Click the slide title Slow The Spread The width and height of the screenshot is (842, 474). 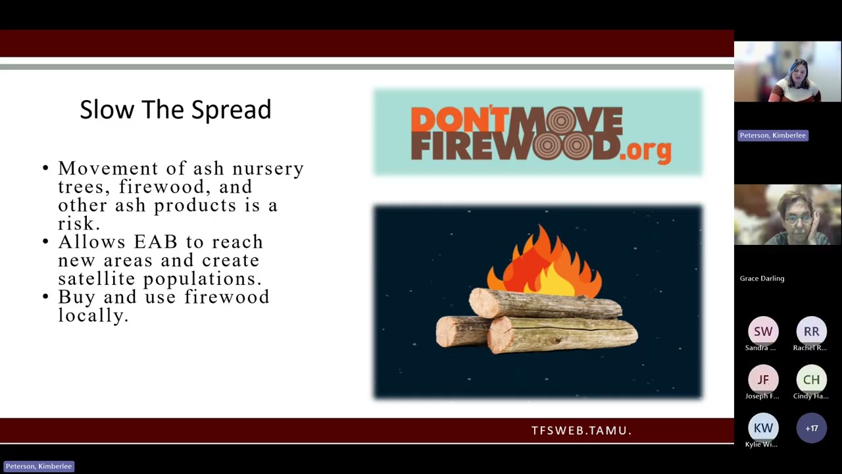[x=176, y=110]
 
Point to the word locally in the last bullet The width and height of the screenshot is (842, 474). [x=93, y=315]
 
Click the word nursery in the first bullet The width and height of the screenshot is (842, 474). [x=268, y=169]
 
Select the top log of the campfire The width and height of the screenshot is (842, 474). [x=545, y=304]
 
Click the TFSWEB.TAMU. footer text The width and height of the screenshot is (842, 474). [x=582, y=431]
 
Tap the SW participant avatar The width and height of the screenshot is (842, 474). [x=763, y=331]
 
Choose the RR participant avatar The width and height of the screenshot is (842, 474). [x=811, y=331]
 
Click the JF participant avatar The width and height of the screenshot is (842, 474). [x=763, y=380]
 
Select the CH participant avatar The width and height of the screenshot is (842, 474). [x=811, y=380]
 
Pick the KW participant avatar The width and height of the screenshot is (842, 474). [x=763, y=428]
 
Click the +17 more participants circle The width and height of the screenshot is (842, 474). [x=811, y=428]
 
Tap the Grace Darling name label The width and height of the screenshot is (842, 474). [x=762, y=278]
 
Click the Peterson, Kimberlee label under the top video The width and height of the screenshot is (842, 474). [x=773, y=136]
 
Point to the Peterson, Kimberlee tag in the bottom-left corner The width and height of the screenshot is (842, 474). [x=39, y=467]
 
